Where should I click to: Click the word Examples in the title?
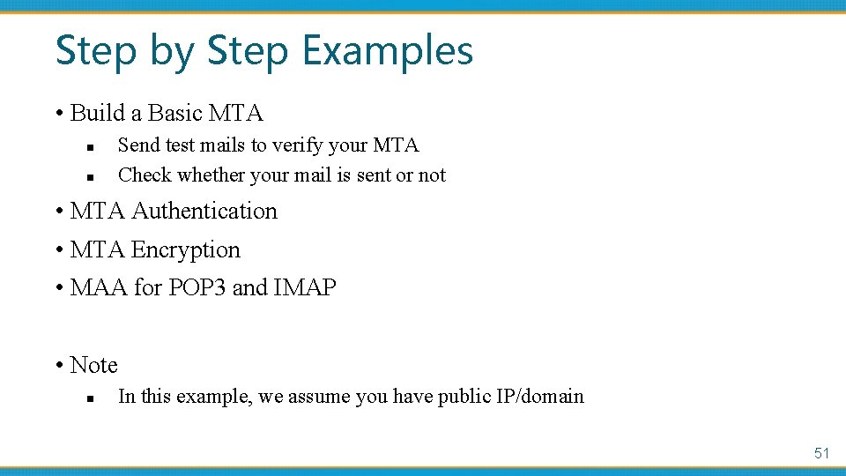pos(389,50)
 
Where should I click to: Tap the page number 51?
pos(821,453)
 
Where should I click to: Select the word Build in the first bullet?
pos(98,114)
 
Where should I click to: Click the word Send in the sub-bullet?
pos(137,145)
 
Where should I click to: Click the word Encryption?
pos(185,250)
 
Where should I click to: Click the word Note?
pos(93,365)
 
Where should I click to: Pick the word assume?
pos(317,397)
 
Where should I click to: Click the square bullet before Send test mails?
pos(90,146)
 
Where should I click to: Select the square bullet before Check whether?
pos(90,176)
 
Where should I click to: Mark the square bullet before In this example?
pos(90,398)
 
